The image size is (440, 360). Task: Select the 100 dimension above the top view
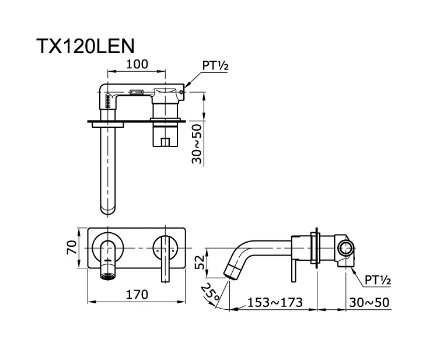point(137,64)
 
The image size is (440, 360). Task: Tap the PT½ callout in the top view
point(215,66)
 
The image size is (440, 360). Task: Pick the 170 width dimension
point(136,295)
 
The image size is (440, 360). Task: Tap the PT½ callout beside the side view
point(378,281)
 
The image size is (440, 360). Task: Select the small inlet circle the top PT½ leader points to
point(183,90)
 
